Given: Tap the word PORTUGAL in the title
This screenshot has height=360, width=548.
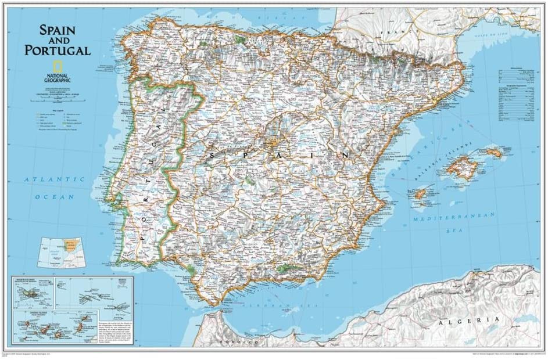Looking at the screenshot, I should click(x=58, y=50).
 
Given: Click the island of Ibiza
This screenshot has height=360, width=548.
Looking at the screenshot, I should click(x=421, y=195).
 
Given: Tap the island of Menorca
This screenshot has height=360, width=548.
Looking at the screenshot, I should click(x=494, y=153).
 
